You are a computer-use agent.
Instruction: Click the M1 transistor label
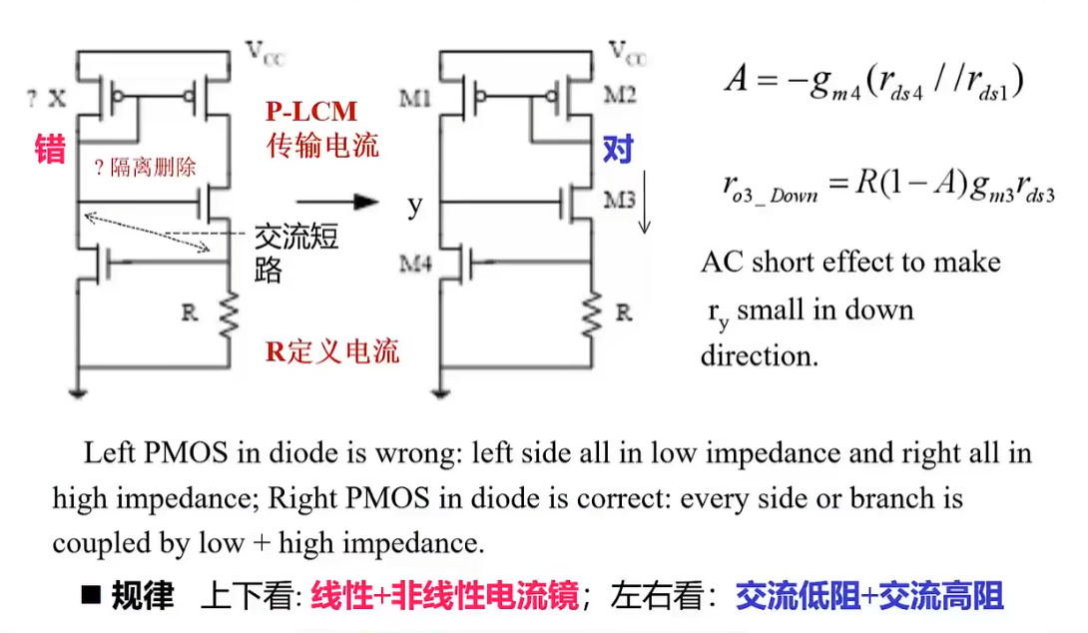tap(416, 98)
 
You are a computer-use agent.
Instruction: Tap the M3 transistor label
tap(619, 199)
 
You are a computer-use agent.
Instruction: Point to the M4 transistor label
tap(416, 265)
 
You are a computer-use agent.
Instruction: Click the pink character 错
tap(49, 149)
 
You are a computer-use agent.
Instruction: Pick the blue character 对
tap(618, 150)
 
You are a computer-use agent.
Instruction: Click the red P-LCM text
tap(310, 111)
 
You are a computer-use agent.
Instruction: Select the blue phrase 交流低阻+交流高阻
tap(868, 596)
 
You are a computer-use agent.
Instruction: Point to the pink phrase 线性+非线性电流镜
tap(444, 596)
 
